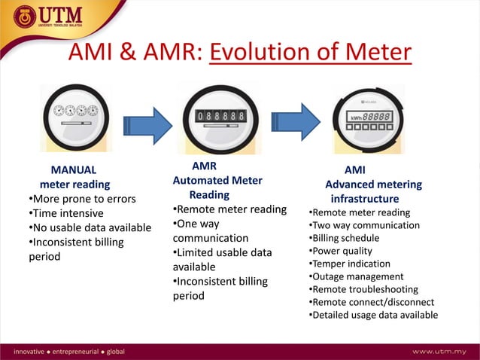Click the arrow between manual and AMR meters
click(x=147, y=122)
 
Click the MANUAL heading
click(x=73, y=169)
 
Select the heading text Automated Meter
click(x=217, y=181)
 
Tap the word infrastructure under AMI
click(x=365, y=199)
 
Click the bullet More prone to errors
click(x=82, y=199)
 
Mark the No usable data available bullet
click(x=90, y=227)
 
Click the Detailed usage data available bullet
click(x=373, y=315)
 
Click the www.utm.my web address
click(x=439, y=352)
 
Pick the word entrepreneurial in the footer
click(x=77, y=352)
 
